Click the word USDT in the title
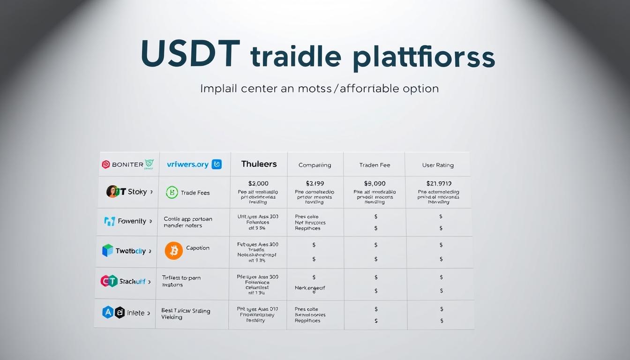click(x=190, y=54)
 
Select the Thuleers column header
click(x=259, y=164)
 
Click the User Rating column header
click(x=438, y=165)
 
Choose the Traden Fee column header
click(x=375, y=165)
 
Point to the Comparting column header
click(x=315, y=165)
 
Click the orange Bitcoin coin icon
click(x=174, y=251)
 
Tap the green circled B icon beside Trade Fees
click(x=172, y=192)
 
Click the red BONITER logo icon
click(x=106, y=165)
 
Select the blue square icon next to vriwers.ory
click(x=217, y=164)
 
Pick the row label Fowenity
click(x=132, y=221)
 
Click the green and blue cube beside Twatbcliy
click(x=108, y=250)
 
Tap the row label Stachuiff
click(x=132, y=281)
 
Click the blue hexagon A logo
click(x=108, y=312)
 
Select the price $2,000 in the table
click(x=258, y=184)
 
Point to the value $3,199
click(x=315, y=184)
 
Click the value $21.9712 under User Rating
click(x=438, y=184)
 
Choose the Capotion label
click(x=198, y=248)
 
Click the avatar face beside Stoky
click(x=112, y=191)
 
